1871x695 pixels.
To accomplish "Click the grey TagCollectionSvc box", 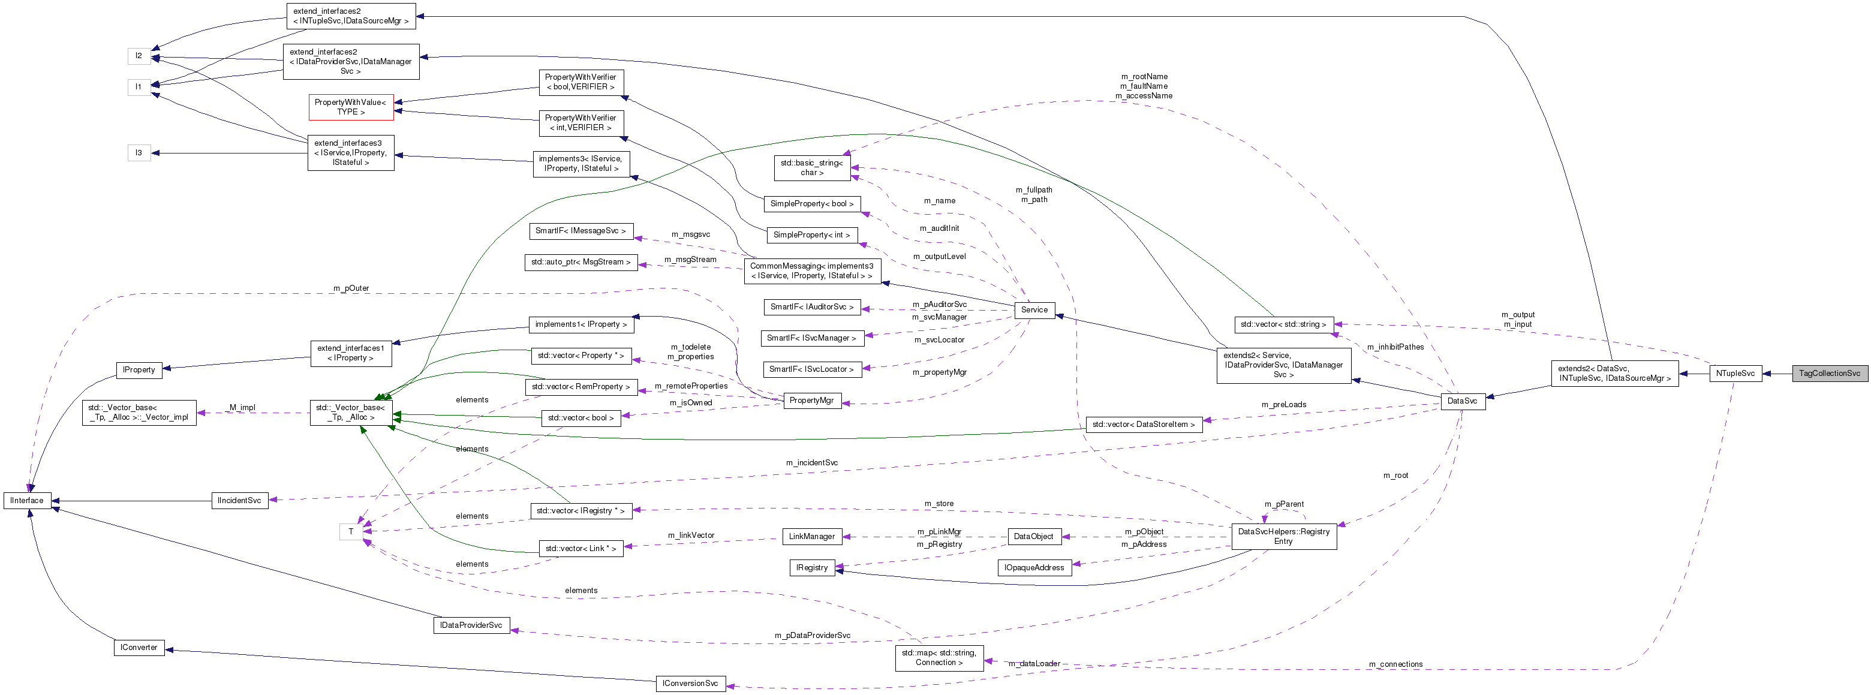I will point(1829,373).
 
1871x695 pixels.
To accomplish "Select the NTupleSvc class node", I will point(1735,373).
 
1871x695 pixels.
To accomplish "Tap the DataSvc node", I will point(1462,401).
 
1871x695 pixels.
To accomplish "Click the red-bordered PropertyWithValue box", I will point(351,107).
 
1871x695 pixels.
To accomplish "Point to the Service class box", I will point(1034,310).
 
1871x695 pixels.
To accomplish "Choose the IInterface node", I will point(28,500).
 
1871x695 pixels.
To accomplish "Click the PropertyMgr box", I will point(811,400).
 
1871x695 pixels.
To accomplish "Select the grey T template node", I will point(351,532).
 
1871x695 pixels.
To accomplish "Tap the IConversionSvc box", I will point(690,684).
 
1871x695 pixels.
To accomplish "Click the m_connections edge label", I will point(1395,664).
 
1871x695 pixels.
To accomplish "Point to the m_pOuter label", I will point(351,288).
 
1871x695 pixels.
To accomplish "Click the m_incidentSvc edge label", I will point(811,462).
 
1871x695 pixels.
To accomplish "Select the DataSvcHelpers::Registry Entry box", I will point(1283,536).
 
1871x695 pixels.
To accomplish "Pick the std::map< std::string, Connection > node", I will point(939,657).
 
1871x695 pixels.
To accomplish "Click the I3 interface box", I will point(139,152).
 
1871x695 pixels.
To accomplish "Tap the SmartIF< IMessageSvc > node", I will point(580,231).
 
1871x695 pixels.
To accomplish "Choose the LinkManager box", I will point(811,537).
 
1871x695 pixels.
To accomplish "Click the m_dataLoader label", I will point(1034,664).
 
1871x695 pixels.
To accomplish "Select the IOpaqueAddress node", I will point(1034,568).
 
